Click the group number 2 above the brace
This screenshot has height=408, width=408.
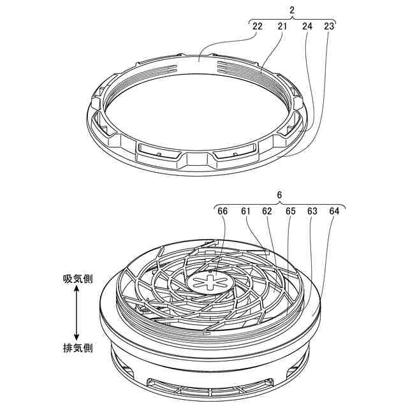(292, 10)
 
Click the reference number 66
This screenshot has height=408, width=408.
(222, 210)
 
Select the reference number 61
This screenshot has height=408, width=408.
(245, 210)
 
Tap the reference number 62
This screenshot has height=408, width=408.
(267, 210)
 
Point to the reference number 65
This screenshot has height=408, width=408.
(290, 210)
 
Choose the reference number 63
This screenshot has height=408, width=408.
(312, 210)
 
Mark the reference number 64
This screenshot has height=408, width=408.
(335, 210)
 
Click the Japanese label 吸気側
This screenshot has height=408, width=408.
(78, 279)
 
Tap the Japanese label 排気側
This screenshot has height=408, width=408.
(78, 348)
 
